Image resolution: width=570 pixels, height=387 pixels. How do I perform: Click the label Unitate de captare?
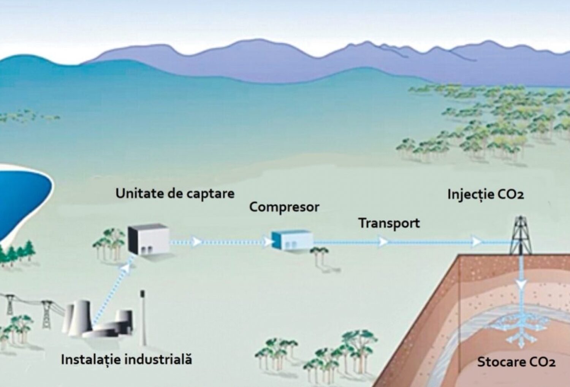[175, 194]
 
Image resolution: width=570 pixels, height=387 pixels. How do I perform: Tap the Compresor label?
[284, 207]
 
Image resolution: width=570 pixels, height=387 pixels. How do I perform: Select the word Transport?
[389, 224]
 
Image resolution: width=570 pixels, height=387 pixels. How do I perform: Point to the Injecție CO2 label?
[486, 195]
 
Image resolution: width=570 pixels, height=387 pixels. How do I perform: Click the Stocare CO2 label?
[516, 362]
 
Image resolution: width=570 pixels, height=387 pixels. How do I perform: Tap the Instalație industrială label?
[127, 360]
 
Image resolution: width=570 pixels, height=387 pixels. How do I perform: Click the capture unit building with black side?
[149, 239]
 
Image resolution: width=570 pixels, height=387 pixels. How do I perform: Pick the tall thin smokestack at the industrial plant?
[143, 318]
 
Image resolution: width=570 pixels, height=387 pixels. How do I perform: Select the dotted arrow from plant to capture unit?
[113, 290]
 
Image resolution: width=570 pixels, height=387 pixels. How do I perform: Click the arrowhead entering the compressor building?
[267, 242]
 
